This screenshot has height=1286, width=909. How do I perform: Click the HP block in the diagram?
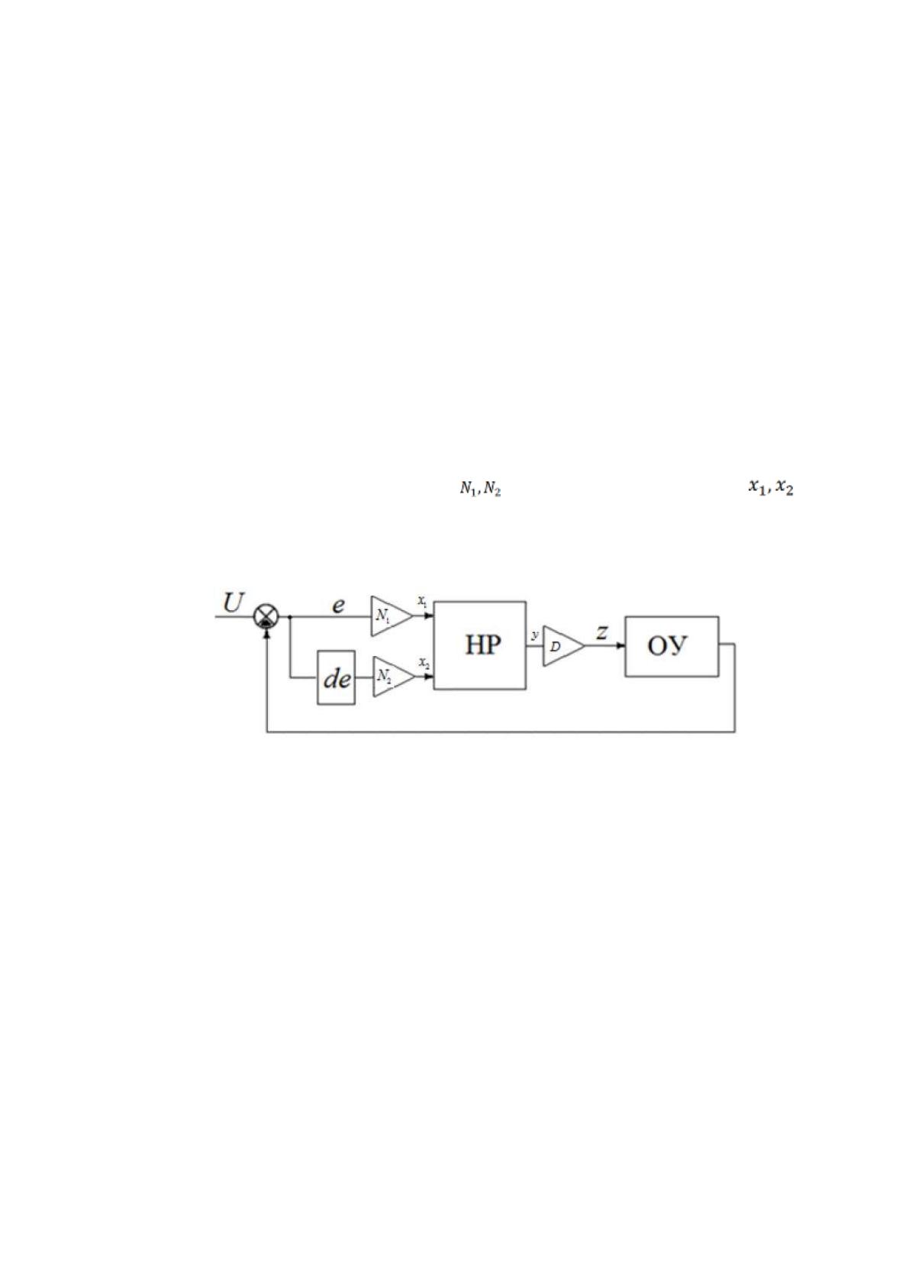point(480,645)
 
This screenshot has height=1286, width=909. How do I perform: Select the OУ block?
point(672,647)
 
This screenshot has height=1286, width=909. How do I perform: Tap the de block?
point(337,677)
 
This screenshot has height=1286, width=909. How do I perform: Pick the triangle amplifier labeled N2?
point(393,677)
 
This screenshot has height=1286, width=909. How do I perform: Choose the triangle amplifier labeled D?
point(563,646)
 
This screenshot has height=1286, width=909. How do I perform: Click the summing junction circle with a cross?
point(266,616)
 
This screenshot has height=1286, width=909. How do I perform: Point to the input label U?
point(234,603)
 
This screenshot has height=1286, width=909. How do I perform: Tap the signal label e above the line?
point(339,605)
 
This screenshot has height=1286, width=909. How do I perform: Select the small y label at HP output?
point(536,635)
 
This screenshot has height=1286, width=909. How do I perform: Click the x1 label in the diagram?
point(422,603)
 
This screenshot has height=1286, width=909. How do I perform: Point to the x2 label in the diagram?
point(424,663)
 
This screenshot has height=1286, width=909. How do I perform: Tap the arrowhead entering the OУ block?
point(621,646)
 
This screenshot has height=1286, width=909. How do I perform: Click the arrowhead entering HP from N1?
point(429,616)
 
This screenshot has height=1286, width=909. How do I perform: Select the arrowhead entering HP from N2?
point(429,677)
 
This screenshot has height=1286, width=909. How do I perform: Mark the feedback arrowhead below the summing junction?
point(266,632)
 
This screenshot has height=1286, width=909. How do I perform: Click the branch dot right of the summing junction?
point(290,616)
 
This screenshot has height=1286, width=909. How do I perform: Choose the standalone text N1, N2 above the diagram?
point(480,490)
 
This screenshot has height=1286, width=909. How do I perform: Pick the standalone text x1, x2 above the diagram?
point(771,487)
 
